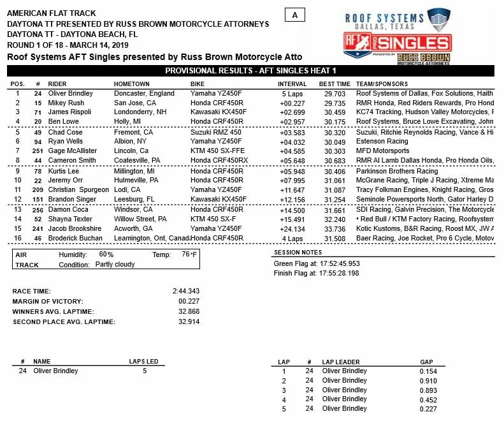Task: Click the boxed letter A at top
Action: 294,15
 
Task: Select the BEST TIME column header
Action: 334,84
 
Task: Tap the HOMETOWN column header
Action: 132,84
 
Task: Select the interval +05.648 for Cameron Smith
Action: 291,160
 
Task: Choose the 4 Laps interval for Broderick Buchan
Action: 296,237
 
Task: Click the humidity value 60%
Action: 106,255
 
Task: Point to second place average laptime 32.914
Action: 188,321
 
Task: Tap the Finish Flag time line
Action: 316,273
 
